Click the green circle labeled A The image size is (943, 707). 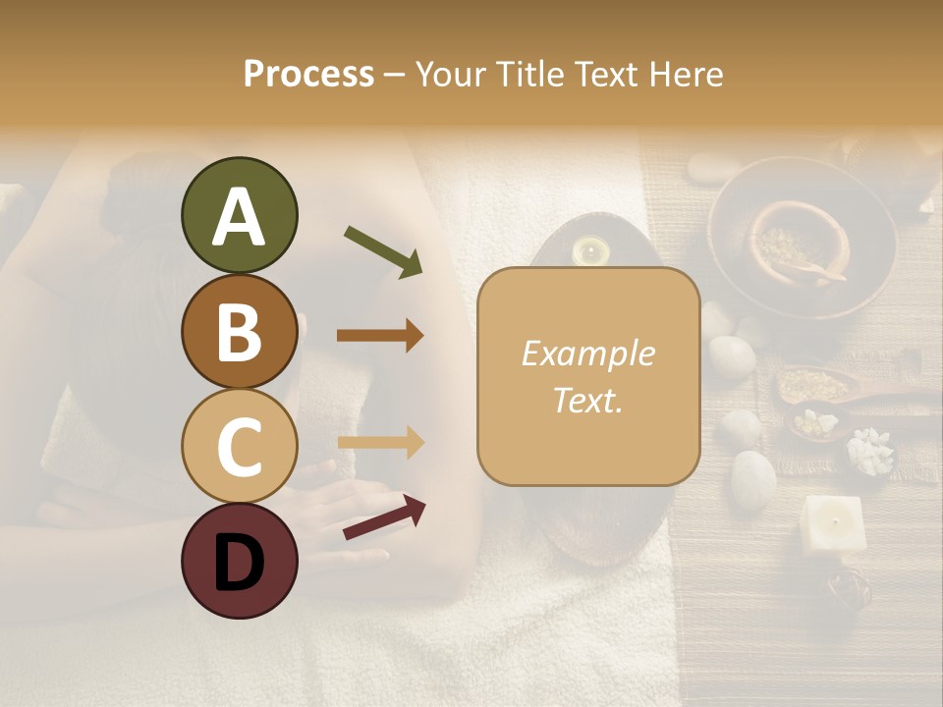pyautogui.click(x=239, y=216)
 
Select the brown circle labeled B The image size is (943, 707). pyautogui.click(x=239, y=331)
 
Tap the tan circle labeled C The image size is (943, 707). pyautogui.click(x=239, y=446)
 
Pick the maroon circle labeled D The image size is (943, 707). pyautogui.click(x=239, y=561)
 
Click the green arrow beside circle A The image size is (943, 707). pyautogui.click(x=383, y=251)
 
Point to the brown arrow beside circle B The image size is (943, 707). pyautogui.click(x=380, y=336)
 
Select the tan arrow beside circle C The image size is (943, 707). pyautogui.click(x=380, y=442)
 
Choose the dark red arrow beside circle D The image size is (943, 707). pyautogui.click(x=384, y=517)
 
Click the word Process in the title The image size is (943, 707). pyautogui.click(x=308, y=75)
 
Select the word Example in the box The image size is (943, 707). pyautogui.click(x=587, y=353)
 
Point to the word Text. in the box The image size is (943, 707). pyautogui.click(x=587, y=400)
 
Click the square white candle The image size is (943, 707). pyautogui.click(x=832, y=522)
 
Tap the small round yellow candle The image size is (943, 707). pyautogui.click(x=589, y=251)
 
